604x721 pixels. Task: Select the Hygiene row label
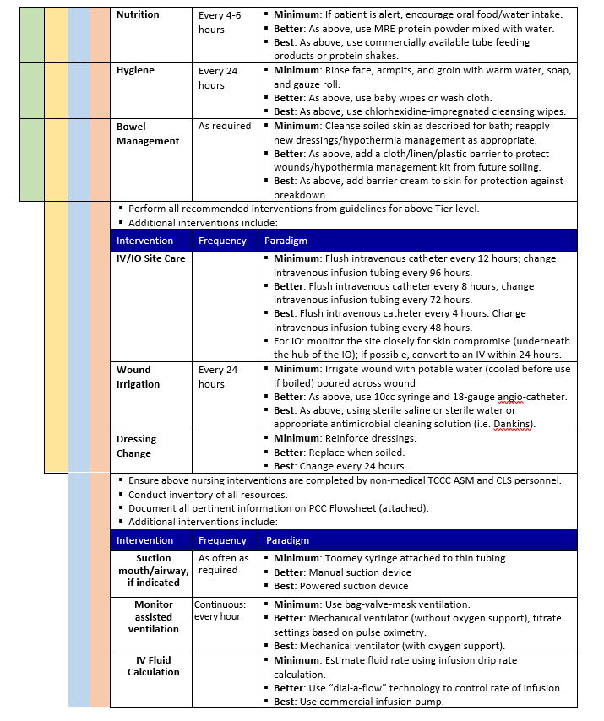135,71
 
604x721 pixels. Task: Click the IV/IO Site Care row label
150,258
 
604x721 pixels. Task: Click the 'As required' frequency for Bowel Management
225,126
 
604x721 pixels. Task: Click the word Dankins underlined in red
511,425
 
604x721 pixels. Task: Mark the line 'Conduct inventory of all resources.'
208,495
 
